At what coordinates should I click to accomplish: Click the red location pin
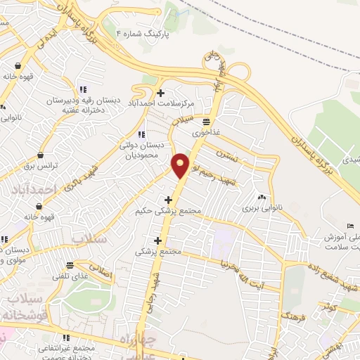click(x=181, y=165)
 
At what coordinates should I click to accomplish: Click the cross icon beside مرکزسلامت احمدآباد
click(x=161, y=93)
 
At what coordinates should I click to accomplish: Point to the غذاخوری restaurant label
click(x=207, y=131)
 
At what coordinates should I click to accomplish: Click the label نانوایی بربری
click(x=260, y=208)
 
